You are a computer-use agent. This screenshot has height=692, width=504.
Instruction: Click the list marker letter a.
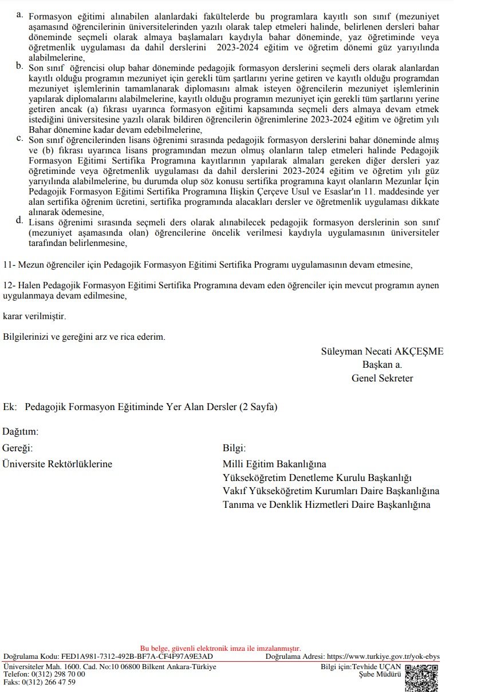(20, 14)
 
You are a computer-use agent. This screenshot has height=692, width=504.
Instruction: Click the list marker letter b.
(20, 66)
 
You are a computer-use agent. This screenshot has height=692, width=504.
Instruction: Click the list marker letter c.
(20, 138)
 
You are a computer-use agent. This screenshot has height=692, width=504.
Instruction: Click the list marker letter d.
(20, 220)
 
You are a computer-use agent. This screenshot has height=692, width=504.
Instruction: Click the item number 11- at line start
(10, 265)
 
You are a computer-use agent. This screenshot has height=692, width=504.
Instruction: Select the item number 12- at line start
(10, 285)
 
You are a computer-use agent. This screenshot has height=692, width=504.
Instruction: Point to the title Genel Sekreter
(382, 378)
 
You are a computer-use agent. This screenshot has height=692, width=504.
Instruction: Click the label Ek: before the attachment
(10, 407)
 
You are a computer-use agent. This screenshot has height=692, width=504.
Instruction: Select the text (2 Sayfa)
(258, 407)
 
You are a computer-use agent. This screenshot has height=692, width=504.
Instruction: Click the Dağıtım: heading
(21, 431)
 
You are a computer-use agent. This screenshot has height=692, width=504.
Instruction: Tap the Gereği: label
(18, 448)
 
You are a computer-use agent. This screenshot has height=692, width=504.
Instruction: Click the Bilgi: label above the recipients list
(234, 448)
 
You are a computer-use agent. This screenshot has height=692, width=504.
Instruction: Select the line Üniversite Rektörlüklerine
(57, 464)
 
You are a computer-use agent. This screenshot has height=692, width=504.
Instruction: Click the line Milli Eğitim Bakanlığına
(274, 464)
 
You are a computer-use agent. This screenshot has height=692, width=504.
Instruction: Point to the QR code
(422, 678)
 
